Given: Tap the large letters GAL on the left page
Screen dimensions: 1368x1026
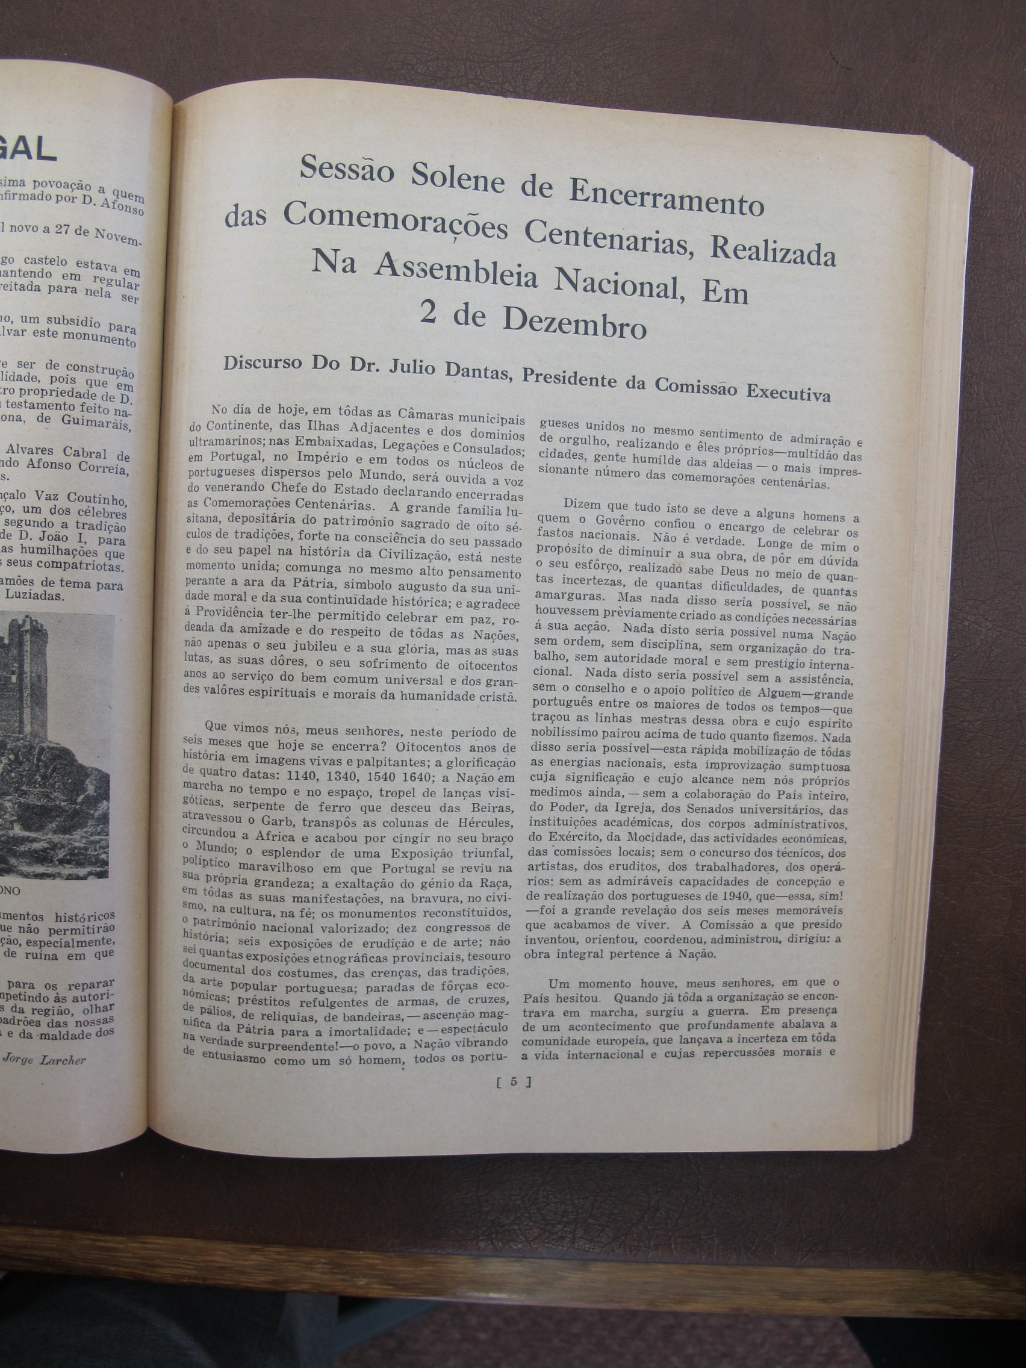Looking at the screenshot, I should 28,151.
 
